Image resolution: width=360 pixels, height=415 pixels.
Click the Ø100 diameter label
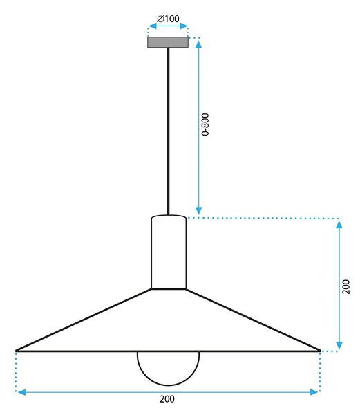[168, 19]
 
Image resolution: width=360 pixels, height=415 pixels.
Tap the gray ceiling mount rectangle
[168, 42]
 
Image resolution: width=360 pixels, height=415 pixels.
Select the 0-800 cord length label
[205, 124]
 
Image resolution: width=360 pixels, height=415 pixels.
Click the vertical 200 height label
[345, 286]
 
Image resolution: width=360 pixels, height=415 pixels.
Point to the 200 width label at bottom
[167, 399]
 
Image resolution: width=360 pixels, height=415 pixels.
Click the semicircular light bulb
[168, 385]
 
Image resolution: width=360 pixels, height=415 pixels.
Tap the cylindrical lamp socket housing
[169, 252]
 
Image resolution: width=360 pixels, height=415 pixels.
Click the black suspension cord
[168, 131]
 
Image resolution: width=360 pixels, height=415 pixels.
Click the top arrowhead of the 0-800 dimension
[198, 44]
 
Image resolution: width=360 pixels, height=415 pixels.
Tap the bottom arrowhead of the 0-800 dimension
[198, 211]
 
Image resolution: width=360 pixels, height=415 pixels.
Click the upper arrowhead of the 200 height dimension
[339, 224]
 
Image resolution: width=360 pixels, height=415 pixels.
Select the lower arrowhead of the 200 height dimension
[339, 345]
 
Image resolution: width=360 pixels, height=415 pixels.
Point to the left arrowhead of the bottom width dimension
[21, 392]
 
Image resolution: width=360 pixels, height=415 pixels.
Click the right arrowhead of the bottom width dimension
[314, 392]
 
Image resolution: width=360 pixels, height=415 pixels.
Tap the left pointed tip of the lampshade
[16, 351]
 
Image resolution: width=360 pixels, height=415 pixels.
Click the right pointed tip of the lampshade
[320, 351]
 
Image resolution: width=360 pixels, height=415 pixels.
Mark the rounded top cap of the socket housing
[169, 216]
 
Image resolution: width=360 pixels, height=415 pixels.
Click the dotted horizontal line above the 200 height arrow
[263, 218]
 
